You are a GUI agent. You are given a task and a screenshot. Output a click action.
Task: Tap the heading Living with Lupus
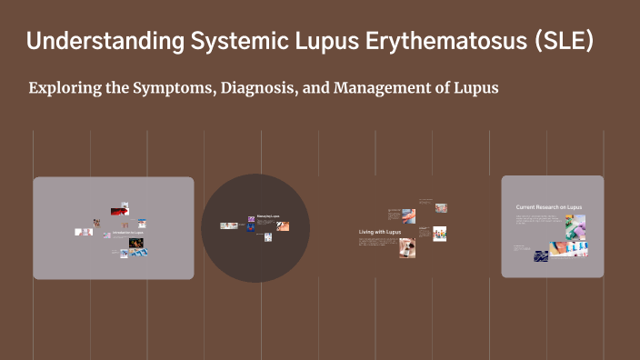point(379,233)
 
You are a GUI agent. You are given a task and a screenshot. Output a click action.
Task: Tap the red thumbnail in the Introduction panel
point(118,212)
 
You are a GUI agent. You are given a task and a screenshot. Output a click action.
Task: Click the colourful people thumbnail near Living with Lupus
point(438,234)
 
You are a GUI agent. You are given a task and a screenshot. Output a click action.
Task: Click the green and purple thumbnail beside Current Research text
point(578,225)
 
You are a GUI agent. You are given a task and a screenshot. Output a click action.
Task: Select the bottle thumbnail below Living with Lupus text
point(408,248)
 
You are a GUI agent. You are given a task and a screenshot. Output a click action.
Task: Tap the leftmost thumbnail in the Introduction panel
point(84,232)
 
